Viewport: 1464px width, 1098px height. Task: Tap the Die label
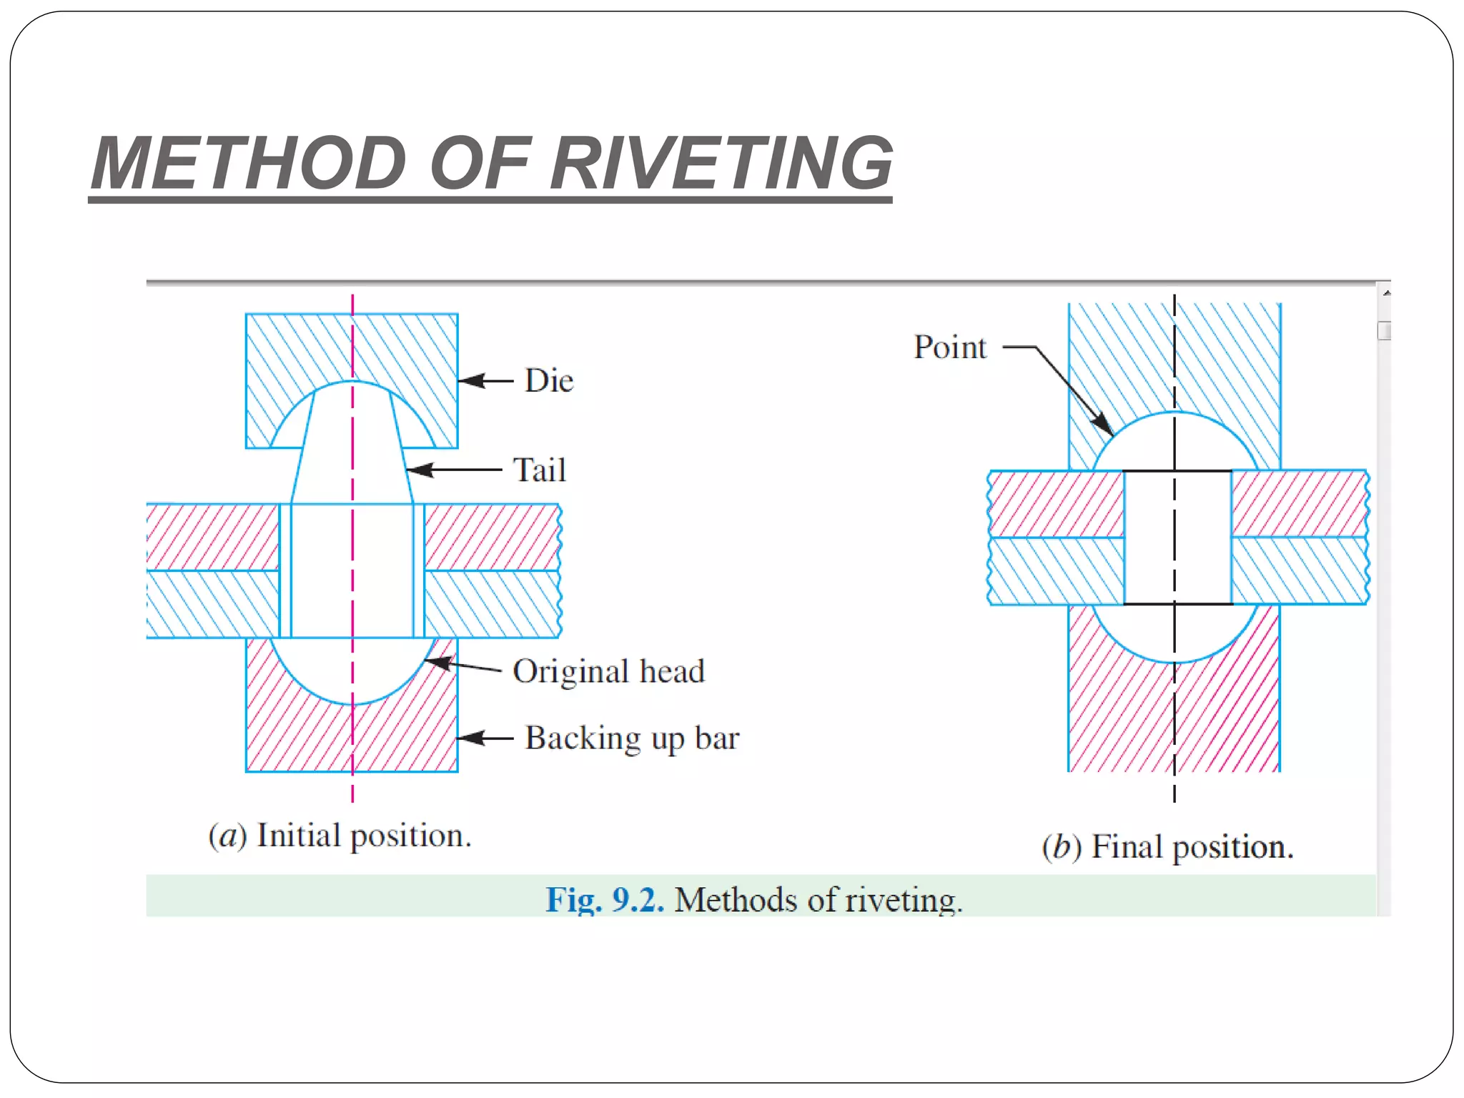click(548, 380)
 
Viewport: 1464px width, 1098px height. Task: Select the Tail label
click(540, 470)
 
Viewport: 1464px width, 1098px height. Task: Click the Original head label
click(608, 671)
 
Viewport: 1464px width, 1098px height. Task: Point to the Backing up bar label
click(632, 738)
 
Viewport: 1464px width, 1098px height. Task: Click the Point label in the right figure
click(949, 347)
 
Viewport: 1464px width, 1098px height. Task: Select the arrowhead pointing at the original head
click(437, 662)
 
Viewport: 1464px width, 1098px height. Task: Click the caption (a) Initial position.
click(340, 835)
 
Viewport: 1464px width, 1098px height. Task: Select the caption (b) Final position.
click(1167, 846)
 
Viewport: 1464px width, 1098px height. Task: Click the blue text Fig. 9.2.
click(605, 899)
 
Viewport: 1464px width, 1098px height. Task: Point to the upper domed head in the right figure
click(1175, 443)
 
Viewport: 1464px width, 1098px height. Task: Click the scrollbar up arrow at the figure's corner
click(1385, 293)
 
